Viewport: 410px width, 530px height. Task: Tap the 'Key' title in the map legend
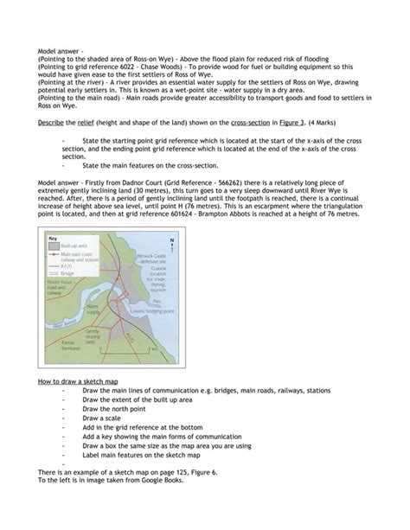point(51,238)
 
